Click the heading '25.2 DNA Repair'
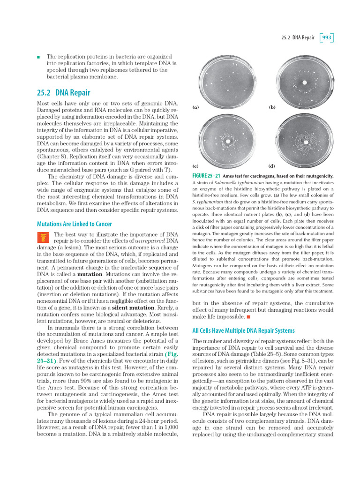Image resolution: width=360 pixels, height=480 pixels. pos(63,93)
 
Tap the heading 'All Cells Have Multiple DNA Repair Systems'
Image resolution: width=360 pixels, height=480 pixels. pos(243,330)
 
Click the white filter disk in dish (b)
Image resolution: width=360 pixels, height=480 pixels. pos(305,83)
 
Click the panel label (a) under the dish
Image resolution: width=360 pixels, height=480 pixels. pos(196,107)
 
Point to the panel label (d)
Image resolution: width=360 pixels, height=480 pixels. pos(272,166)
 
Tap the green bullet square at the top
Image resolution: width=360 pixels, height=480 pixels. pos(38,57)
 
